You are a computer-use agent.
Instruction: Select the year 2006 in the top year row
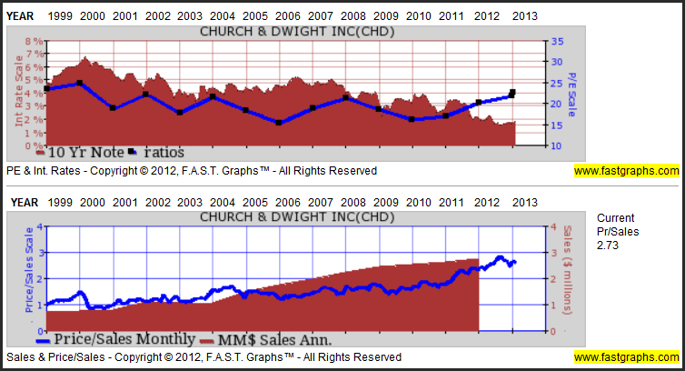pos(287,15)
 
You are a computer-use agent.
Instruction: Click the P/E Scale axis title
pos(572,88)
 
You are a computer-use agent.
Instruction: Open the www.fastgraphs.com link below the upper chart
pos(626,170)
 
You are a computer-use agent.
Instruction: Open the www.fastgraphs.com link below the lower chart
pos(626,357)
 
